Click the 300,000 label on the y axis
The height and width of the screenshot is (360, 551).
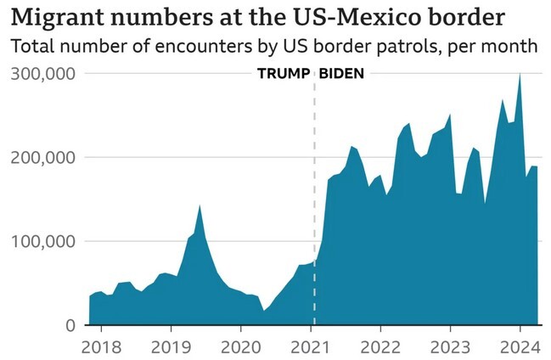[43, 74]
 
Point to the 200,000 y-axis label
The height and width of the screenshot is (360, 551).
[43, 158]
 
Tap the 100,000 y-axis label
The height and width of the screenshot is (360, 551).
[43, 242]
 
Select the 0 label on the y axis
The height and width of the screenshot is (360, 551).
[70, 325]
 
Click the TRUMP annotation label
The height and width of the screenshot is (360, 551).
[284, 74]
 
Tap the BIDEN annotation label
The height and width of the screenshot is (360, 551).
[341, 74]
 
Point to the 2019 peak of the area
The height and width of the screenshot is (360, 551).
[200, 205]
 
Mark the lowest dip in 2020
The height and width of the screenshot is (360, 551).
[264, 311]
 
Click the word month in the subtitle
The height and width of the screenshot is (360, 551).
[513, 46]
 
